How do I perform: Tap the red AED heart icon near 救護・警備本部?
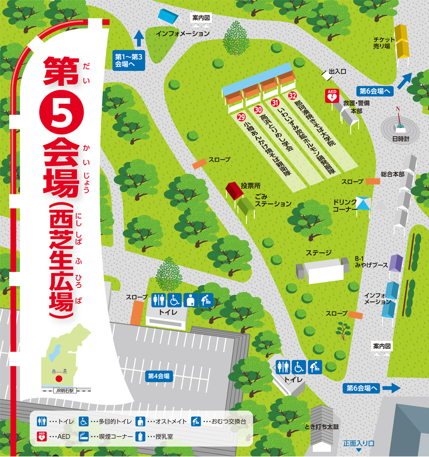pos(331,95)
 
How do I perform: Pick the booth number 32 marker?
pos(293,95)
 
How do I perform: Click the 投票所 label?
pos(250,185)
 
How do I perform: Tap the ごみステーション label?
pos(272,200)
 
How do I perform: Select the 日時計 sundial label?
pos(400,139)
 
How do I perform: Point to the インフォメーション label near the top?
pos(183,34)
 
